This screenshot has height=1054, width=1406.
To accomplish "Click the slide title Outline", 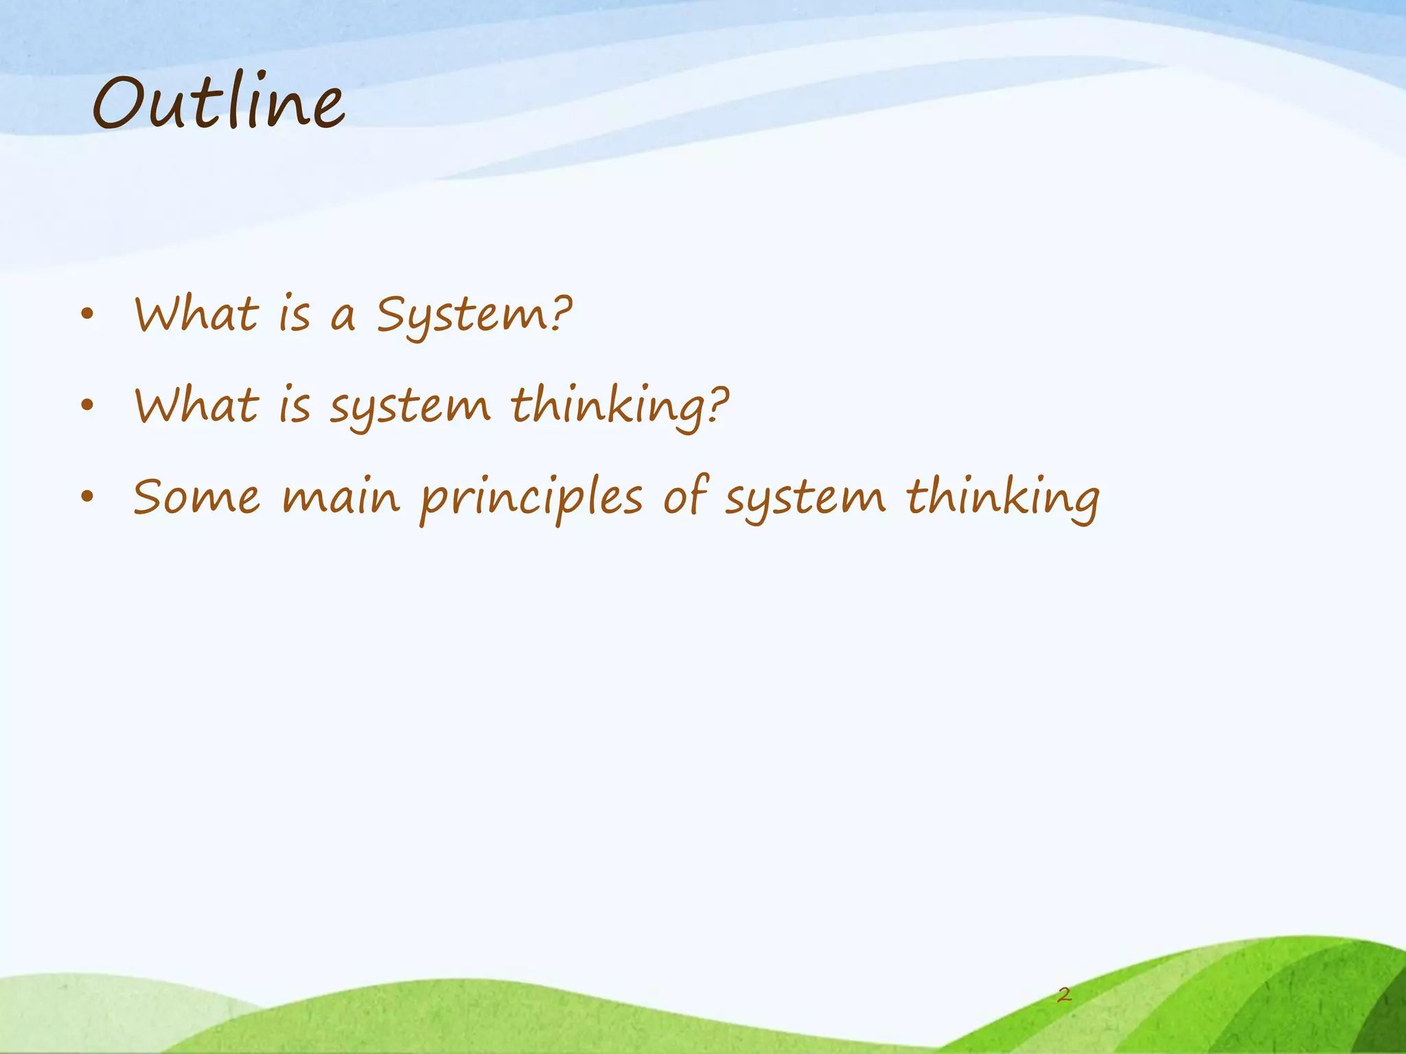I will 218,104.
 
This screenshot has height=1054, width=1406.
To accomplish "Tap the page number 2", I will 1064,994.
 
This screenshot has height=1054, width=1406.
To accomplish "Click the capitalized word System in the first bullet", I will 474,316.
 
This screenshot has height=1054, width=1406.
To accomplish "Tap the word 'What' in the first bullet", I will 196,315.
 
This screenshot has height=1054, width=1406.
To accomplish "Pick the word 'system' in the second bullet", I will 410,408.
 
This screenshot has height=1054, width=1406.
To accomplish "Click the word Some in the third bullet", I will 196,497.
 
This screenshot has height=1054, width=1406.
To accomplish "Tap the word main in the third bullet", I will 341,497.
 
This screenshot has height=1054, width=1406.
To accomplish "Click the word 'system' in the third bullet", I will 805,499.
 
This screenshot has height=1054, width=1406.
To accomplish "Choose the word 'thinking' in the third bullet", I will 1002,498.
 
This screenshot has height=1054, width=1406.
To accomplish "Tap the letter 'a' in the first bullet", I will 343,318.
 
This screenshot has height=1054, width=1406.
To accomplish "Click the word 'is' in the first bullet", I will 294,315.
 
